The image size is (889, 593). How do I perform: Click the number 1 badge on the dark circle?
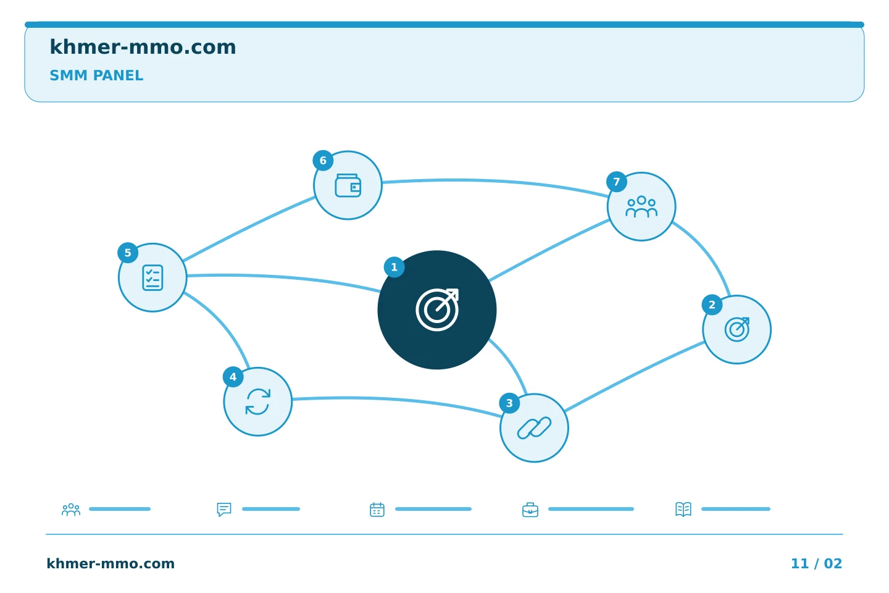coord(394,267)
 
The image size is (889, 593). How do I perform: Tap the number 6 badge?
coord(323,161)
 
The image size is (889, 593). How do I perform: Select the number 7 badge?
coord(617,182)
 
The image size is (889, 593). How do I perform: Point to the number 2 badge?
coord(712,305)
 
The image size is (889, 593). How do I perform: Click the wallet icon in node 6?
coord(348,185)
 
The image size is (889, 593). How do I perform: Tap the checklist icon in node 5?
coord(153,277)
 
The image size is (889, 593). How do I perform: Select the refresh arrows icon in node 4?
coord(258,402)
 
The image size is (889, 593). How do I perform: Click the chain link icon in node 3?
coord(534,428)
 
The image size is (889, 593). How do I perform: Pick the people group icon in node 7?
coord(641,206)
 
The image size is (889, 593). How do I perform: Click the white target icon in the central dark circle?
coord(437,310)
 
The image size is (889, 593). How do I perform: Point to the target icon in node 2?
coord(737,329)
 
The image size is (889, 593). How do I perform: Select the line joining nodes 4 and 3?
coord(397,401)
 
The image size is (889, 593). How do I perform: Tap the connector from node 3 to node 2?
coord(634,376)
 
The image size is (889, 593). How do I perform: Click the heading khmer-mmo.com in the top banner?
coord(143,47)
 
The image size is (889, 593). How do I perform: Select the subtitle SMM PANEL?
coord(96,75)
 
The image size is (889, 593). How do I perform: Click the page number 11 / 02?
coord(816,563)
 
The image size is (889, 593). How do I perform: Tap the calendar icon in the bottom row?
coord(377,509)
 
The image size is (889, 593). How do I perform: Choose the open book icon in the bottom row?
coord(683,509)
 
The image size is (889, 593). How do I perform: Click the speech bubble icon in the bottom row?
coord(224,509)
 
